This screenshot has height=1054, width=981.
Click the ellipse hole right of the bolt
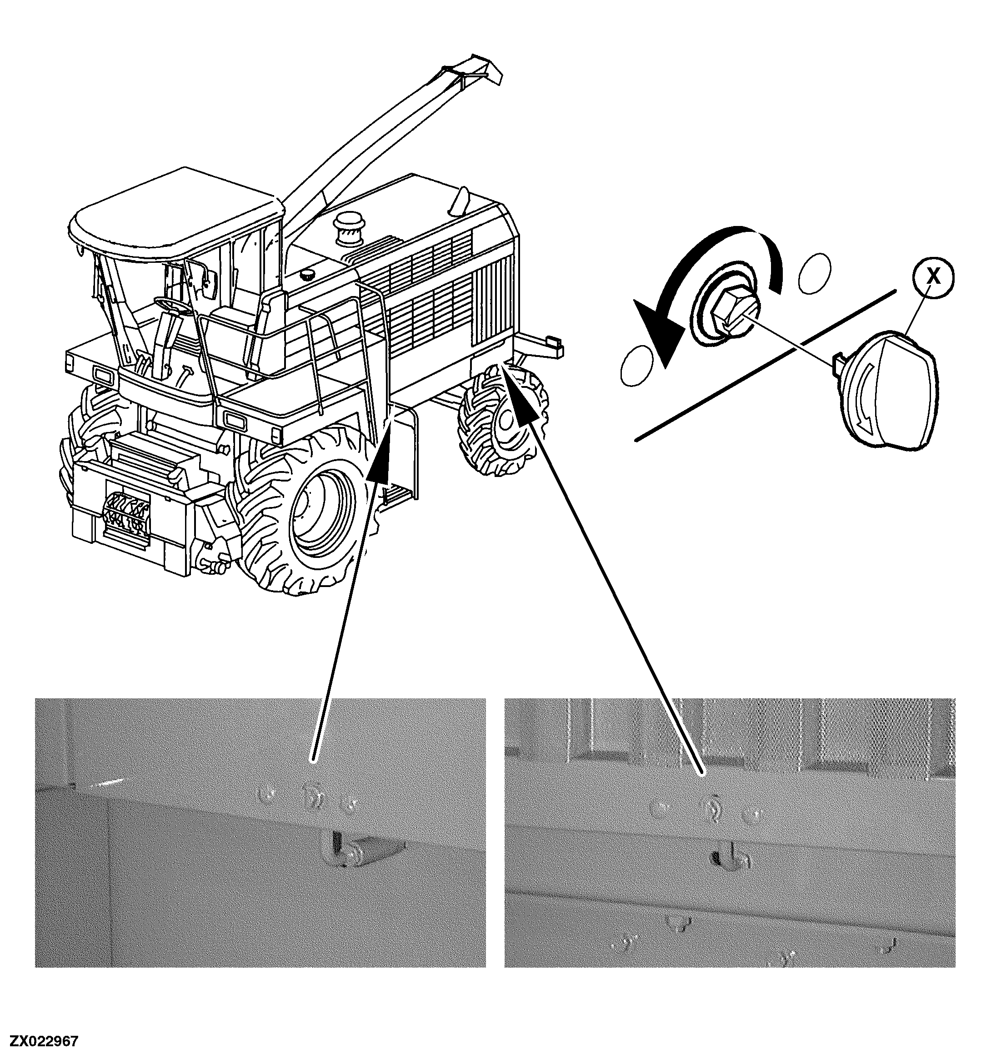tap(815, 272)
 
